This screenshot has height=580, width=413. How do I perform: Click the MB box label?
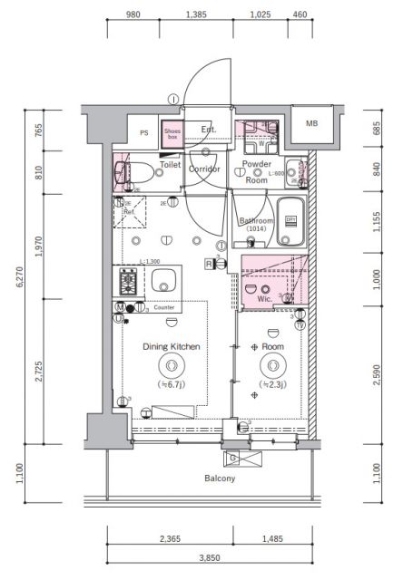pyautogui.click(x=312, y=123)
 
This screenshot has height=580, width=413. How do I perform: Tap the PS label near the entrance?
pyautogui.click(x=143, y=132)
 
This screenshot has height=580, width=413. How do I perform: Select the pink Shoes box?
pyautogui.click(x=172, y=134)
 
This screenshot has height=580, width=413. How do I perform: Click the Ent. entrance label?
pyautogui.click(x=208, y=129)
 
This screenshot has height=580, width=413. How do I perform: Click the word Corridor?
pyautogui.click(x=205, y=167)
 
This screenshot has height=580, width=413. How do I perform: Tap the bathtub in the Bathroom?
pyautogui.click(x=290, y=221)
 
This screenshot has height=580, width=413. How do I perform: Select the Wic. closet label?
pyautogui.click(x=266, y=297)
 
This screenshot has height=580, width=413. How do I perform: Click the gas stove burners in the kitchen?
pyautogui.click(x=127, y=283)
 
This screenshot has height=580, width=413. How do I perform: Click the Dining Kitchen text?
pyautogui.click(x=171, y=346)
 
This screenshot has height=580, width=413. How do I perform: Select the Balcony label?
pyautogui.click(x=220, y=478)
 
